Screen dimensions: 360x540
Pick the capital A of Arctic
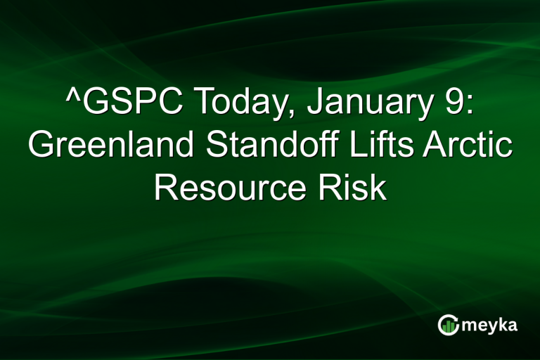[x=443, y=146]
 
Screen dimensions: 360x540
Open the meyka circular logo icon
[x=448, y=324]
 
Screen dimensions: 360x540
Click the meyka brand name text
[x=489, y=325]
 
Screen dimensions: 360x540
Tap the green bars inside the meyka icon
[x=449, y=326]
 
